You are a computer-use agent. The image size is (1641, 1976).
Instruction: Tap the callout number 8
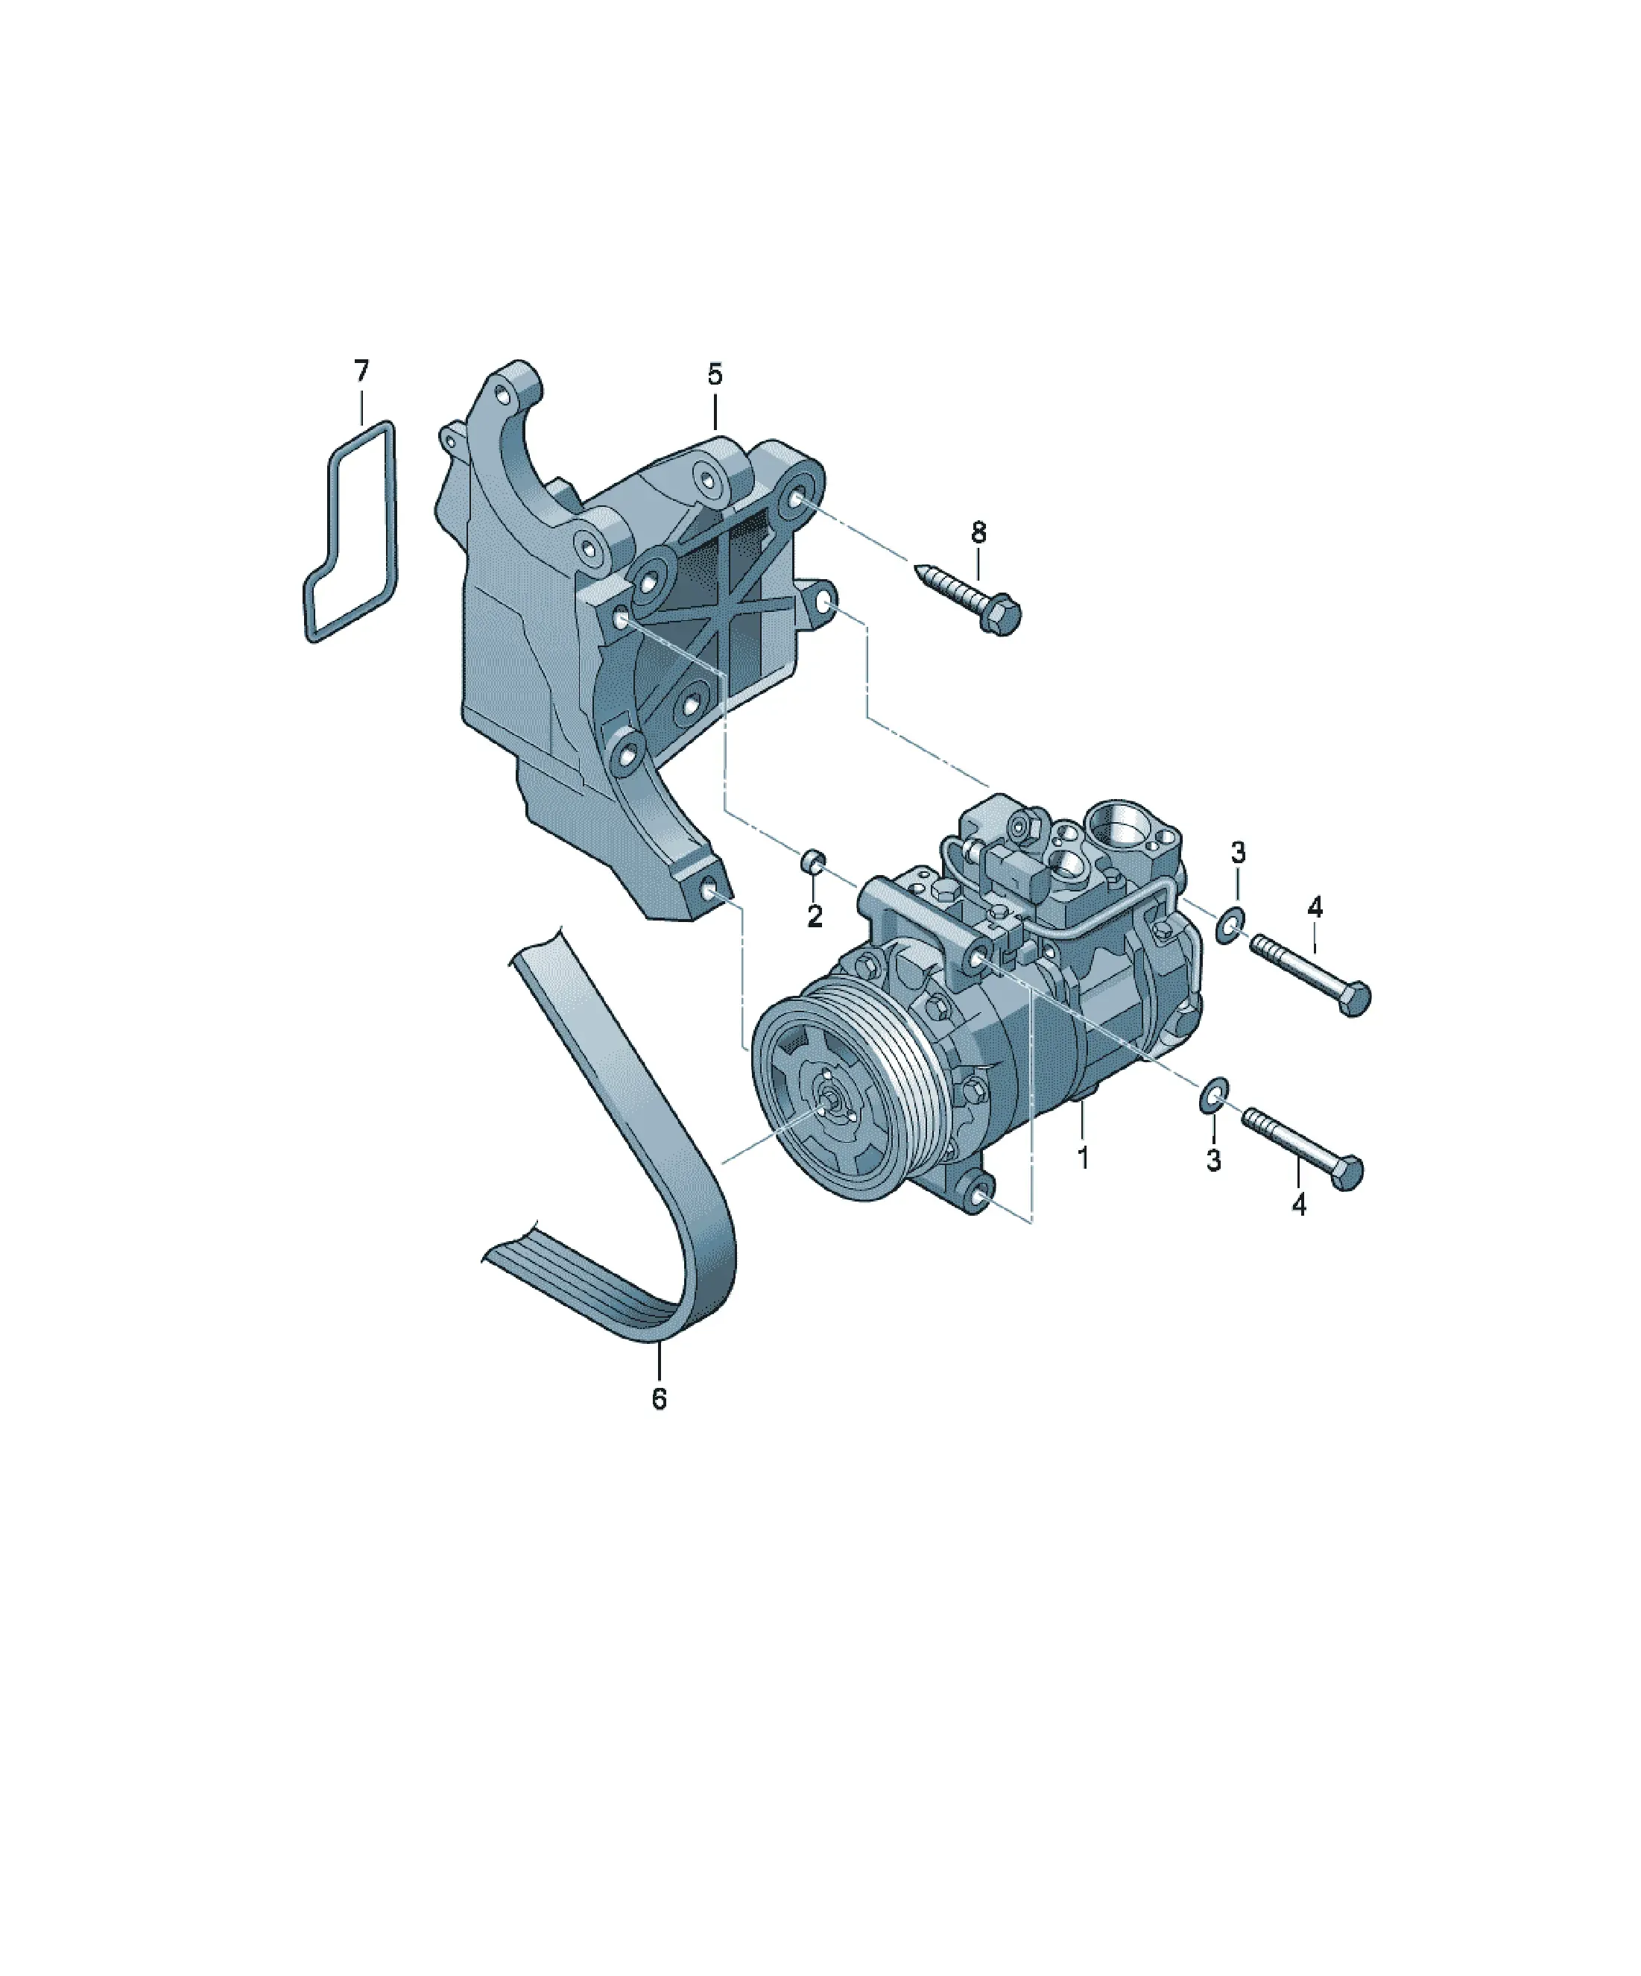click(978, 533)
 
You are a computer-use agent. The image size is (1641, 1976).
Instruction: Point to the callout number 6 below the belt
click(659, 1426)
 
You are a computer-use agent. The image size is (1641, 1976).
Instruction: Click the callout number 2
click(815, 915)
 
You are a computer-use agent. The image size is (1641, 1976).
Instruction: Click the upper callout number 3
click(1239, 853)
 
